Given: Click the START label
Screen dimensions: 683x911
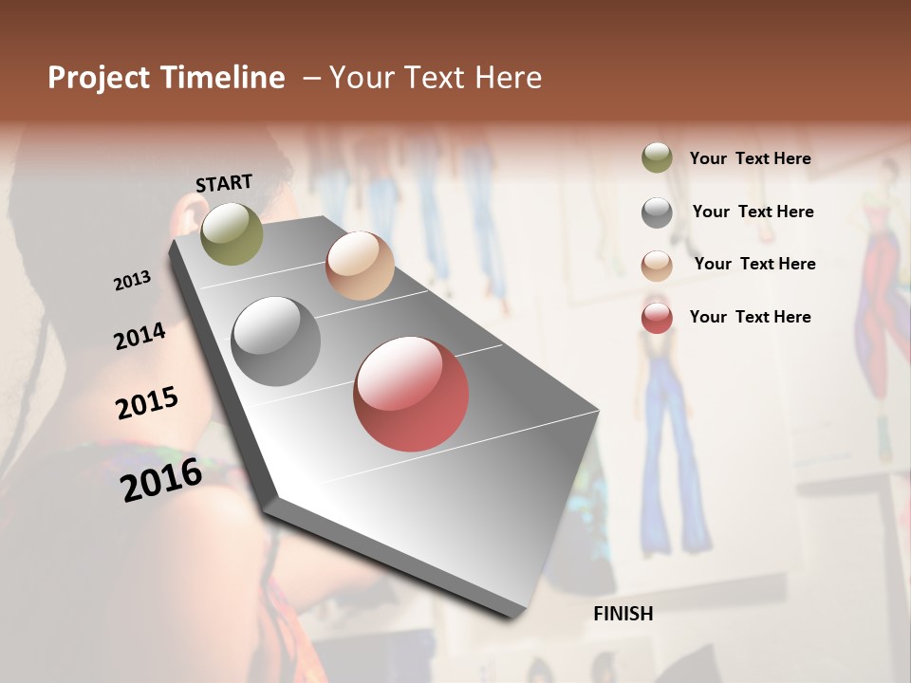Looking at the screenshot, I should (224, 183).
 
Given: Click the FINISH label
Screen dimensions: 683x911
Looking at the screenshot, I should (623, 614).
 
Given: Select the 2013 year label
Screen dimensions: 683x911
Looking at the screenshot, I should (132, 281).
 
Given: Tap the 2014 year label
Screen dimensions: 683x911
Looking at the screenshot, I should (139, 336).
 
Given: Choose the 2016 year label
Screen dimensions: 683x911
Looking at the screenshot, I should (161, 480).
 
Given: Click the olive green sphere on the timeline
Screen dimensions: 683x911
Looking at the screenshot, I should (232, 233).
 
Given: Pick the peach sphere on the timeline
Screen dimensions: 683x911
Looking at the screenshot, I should (360, 266).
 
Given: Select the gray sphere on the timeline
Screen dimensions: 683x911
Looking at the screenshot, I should (276, 341).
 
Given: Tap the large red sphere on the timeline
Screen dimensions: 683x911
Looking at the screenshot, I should (411, 394).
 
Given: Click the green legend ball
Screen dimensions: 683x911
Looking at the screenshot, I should (657, 158).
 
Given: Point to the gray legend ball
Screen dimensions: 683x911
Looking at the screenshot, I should (657, 212).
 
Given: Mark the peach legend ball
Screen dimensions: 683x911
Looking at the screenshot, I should (657, 265).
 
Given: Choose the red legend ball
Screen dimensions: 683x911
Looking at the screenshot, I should (657, 318).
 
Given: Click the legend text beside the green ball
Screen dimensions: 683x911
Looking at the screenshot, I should (750, 159).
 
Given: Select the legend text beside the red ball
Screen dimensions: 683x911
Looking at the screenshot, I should (750, 317).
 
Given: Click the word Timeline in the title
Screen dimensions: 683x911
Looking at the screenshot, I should (222, 78).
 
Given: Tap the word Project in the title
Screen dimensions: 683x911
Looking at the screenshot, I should (99, 78).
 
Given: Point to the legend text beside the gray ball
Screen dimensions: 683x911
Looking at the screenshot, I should (753, 212).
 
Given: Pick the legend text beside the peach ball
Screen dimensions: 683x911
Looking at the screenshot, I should (754, 264).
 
